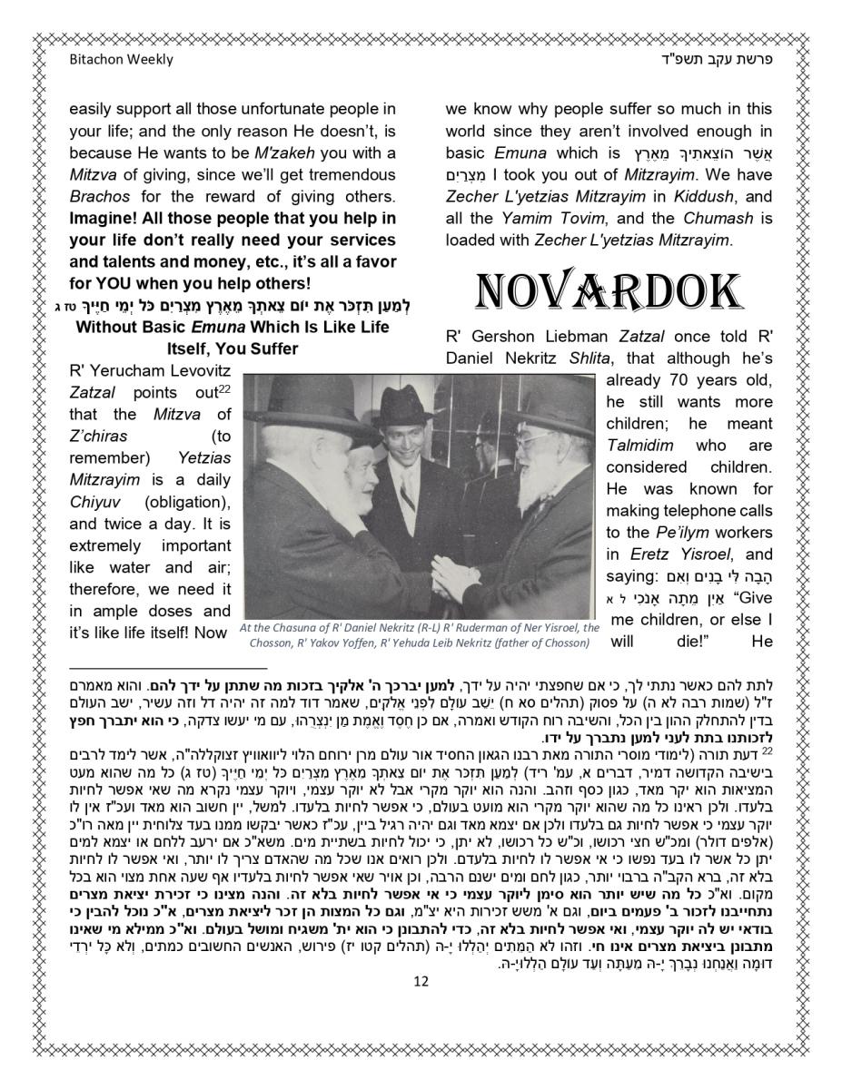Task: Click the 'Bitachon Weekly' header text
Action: pos(121,60)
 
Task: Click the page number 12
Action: pos(420,981)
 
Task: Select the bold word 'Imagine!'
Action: pos(106,218)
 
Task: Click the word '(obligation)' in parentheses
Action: pos(187,502)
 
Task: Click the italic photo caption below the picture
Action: pos(419,635)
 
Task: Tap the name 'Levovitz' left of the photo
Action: pos(193,371)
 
